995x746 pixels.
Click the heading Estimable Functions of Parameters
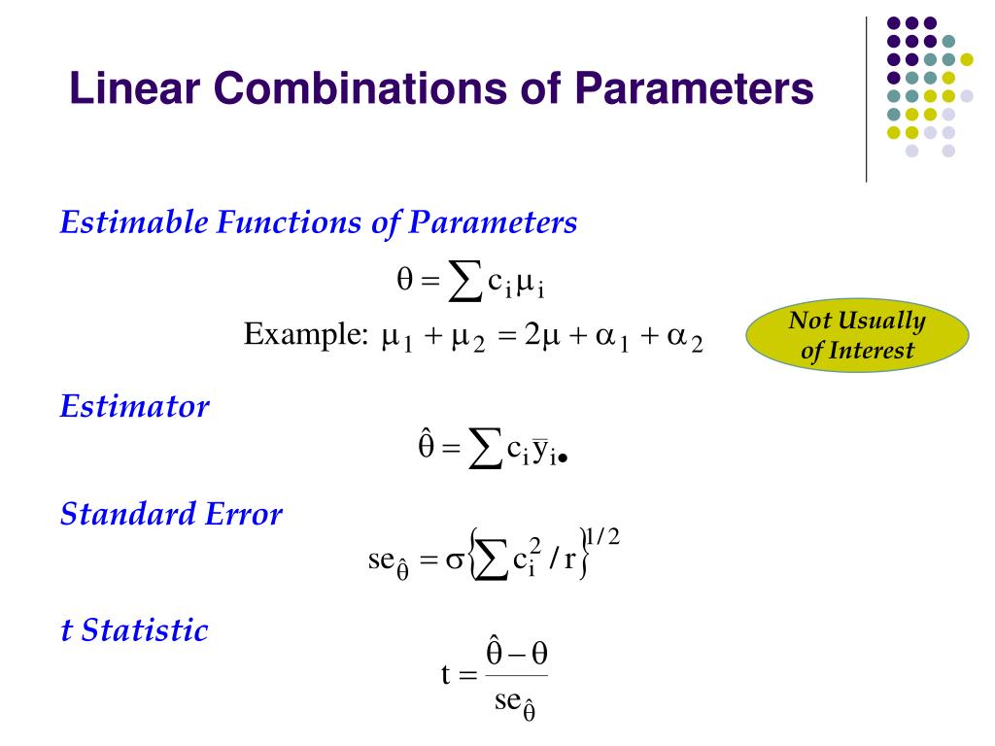tap(319, 223)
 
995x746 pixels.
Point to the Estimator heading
tap(134, 406)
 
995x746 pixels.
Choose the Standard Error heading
tap(171, 514)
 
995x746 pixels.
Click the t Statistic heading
tap(134, 630)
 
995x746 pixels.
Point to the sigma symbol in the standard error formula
tap(452, 562)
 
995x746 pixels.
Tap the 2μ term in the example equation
tap(539, 337)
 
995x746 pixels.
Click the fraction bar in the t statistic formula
tap(517, 676)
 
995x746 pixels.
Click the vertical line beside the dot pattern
tap(866, 98)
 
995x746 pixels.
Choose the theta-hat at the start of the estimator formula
tap(425, 448)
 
